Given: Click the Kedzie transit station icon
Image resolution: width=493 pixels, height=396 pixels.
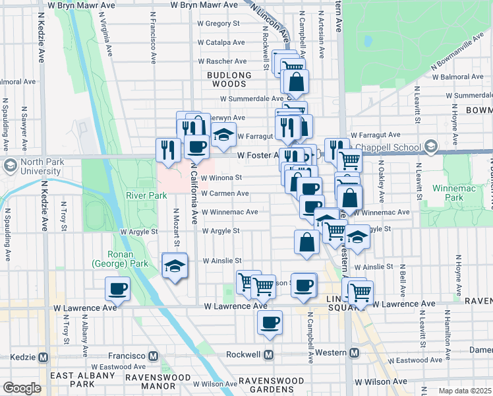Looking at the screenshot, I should pos(43,356).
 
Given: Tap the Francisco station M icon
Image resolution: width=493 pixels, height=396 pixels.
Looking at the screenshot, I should pos(154,356).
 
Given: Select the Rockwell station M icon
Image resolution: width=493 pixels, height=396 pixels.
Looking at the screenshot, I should pos(269,354).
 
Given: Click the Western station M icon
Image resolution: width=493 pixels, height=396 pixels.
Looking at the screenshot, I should pos(354,353).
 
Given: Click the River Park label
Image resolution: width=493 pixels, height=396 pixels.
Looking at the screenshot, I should pos(146,195).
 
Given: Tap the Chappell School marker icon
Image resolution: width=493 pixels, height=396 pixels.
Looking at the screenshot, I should pos(432,146).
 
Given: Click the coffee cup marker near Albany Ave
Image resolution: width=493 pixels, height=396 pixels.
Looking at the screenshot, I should pos(117,288).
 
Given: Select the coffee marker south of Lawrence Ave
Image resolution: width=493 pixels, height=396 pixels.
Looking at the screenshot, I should pos(270,322).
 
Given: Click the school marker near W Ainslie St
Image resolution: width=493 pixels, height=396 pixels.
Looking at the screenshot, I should pos(175,265).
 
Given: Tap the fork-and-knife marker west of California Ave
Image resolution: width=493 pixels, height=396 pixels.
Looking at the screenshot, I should pos(167,149).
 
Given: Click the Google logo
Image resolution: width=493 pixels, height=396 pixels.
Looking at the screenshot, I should pos(22,388).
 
